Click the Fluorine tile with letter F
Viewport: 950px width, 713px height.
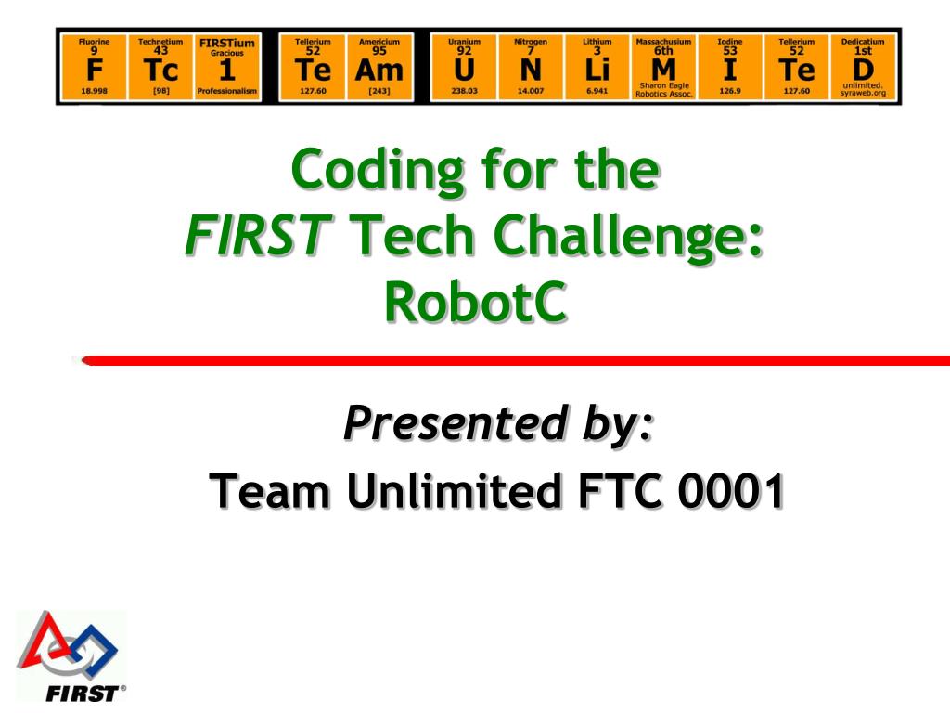pos(94,67)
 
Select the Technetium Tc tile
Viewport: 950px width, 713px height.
pos(160,67)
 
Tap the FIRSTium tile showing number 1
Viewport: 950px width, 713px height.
pos(227,67)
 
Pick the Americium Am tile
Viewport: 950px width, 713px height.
pos(379,67)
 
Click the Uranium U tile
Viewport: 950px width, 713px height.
pos(464,67)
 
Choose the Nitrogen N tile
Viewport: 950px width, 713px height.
pos(531,67)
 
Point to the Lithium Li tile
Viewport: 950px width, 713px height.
pos(597,67)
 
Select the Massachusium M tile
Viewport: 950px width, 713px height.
pos(663,67)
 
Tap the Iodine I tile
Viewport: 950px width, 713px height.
pos(730,67)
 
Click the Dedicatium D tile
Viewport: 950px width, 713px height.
pos(863,67)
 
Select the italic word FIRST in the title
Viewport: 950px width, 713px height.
pos(258,238)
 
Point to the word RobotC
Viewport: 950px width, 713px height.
pos(475,303)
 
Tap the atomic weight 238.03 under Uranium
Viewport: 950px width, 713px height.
pos(464,92)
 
